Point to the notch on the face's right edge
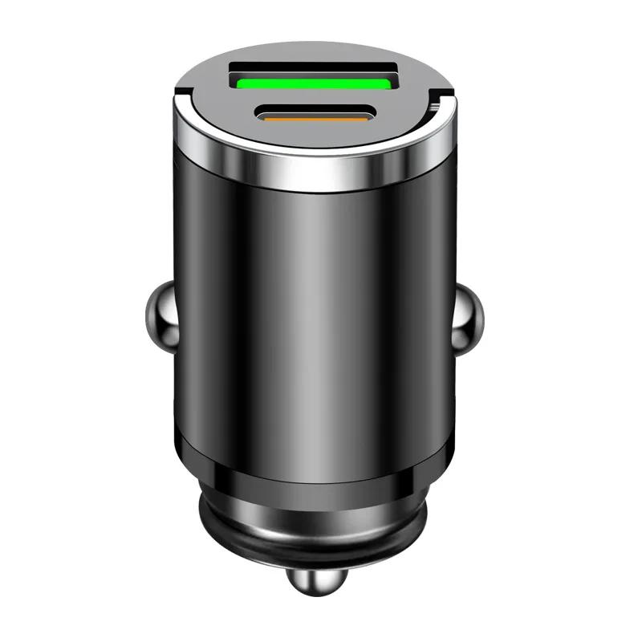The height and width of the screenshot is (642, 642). coord(437,103)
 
